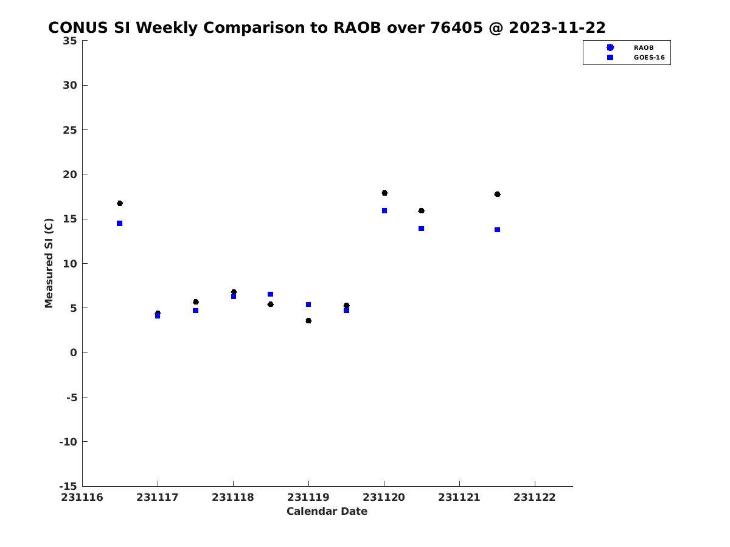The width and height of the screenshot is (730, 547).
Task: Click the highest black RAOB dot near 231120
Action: point(384,193)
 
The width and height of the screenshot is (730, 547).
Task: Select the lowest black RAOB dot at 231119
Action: point(308,320)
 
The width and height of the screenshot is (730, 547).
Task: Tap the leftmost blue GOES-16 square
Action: point(120,223)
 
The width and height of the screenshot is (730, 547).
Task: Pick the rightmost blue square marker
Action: point(497,230)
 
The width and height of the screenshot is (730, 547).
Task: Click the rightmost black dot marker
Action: point(497,194)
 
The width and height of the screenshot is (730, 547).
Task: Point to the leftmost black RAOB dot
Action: point(120,203)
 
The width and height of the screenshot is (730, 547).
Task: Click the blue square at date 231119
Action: point(308,304)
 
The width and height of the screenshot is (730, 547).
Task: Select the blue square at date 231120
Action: point(384,210)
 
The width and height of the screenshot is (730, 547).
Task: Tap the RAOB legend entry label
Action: point(644,47)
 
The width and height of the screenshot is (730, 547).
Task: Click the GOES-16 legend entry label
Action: point(649,57)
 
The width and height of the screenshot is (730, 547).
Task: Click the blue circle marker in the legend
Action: point(610,47)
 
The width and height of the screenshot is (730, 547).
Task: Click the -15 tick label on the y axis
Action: point(68,486)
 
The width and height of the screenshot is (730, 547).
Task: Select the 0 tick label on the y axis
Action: point(74,353)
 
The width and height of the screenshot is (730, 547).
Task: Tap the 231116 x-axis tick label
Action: point(82,497)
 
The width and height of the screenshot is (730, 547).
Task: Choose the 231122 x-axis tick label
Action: point(535,497)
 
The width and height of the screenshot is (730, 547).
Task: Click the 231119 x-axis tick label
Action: point(308,497)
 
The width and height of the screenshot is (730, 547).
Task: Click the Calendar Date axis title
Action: point(327,511)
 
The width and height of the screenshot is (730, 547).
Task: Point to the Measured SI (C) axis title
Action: point(49,263)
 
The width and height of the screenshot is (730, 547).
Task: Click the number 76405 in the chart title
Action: point(456,27)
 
